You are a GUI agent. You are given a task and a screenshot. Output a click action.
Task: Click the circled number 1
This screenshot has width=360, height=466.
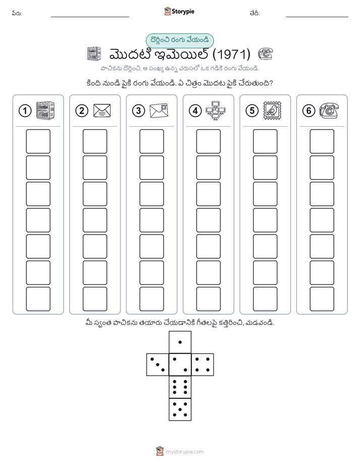[25, 111]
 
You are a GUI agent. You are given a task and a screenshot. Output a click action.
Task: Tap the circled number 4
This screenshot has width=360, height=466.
[195, 111]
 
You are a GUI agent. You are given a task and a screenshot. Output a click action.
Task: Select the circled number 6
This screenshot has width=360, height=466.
[309, 111]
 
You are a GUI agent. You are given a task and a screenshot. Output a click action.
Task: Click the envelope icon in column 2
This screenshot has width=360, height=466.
[102, 110]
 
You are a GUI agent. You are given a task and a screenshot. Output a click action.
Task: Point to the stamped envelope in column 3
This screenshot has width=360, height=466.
[159, 111]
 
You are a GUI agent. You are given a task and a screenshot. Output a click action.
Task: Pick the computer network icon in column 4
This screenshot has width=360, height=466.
[215, 110]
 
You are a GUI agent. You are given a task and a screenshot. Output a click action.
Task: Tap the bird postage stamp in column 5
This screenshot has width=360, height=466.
[272, 111]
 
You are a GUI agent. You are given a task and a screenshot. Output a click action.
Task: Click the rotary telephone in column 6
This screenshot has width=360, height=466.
[329, 110]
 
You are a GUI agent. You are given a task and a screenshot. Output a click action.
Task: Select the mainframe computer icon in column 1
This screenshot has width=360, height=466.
[45, 110]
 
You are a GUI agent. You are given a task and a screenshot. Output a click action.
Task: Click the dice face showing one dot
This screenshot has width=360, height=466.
[180, 342]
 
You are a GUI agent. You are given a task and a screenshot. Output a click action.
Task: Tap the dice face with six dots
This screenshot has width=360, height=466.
[180, 387]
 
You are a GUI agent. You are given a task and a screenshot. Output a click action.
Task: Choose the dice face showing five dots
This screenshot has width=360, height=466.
[180, 409]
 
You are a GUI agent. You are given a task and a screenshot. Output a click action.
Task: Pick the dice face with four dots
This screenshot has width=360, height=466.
[203, 364]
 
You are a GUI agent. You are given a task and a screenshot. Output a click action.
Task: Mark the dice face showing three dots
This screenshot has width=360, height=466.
[158, 364]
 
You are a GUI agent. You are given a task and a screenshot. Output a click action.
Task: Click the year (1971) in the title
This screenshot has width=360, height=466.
[231, 54]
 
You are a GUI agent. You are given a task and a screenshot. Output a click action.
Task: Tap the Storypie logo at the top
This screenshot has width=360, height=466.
[179, 11]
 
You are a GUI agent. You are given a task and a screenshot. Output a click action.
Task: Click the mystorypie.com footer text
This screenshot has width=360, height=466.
[185, 452]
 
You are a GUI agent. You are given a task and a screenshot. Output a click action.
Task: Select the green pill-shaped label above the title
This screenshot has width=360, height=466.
[179, 40]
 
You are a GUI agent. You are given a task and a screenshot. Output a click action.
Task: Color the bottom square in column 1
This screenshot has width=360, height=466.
[38, 299]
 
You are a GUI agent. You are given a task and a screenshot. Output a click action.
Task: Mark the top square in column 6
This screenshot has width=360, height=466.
[322, 141]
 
